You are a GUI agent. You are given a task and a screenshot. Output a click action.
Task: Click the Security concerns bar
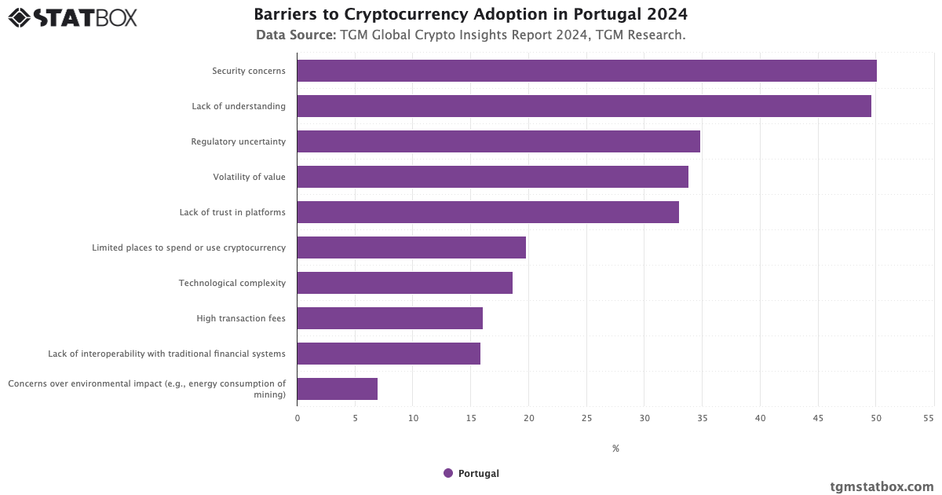(586, 71)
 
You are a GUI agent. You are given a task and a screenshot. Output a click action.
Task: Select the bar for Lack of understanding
(584, 106)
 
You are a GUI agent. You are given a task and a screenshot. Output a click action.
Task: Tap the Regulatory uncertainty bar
(498, 141)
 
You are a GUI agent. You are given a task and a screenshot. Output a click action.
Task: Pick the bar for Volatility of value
(492, 177)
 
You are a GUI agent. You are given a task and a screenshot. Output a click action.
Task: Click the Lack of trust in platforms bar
(487, 212)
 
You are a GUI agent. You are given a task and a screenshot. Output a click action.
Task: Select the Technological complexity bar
(404, 283)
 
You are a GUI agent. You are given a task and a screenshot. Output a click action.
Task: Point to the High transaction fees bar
(389, 318)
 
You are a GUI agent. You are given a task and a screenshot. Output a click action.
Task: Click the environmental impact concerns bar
(337, 389)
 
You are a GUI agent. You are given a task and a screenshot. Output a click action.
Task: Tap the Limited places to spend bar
(411, 247)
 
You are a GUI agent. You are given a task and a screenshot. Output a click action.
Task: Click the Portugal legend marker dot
(448, 473)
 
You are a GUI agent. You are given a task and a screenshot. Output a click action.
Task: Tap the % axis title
(615, 449)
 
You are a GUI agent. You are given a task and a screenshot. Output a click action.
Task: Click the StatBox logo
(72, 17)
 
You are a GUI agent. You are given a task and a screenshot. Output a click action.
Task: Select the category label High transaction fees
(241, 318)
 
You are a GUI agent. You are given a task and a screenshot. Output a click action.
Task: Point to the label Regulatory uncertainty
(238, 141)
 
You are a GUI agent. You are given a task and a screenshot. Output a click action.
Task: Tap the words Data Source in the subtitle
(296, 35)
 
